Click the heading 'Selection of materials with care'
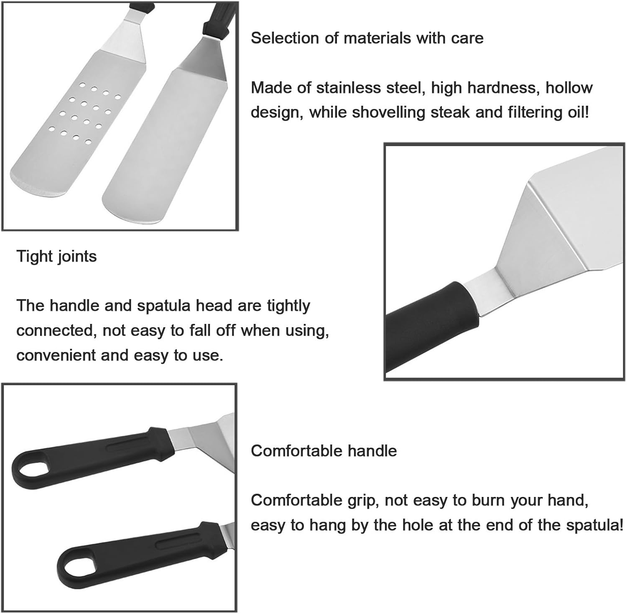[x=367, y=38]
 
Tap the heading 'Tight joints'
[x=56, y=256]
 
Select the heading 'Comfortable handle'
[x=324, y=451]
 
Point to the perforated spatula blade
[x=75, y=125]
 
